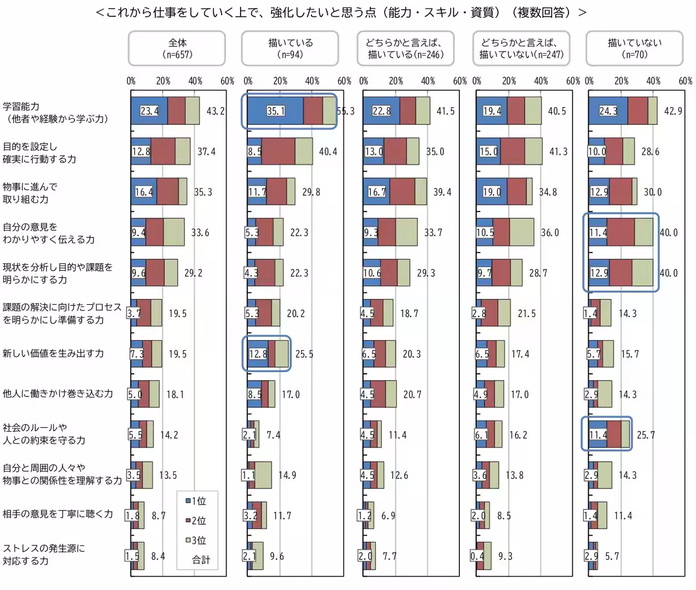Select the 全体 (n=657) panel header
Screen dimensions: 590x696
177,48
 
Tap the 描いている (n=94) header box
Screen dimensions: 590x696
290,48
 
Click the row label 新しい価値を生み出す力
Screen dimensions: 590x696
53,354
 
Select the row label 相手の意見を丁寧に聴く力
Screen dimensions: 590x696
57,515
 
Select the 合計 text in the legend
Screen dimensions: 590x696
201,560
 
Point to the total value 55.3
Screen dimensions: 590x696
346,111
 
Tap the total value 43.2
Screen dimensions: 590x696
215,111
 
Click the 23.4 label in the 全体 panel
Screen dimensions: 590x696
149,111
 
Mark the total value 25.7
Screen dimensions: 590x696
646,434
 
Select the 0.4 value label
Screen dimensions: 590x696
476,556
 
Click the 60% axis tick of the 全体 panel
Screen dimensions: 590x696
227,82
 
